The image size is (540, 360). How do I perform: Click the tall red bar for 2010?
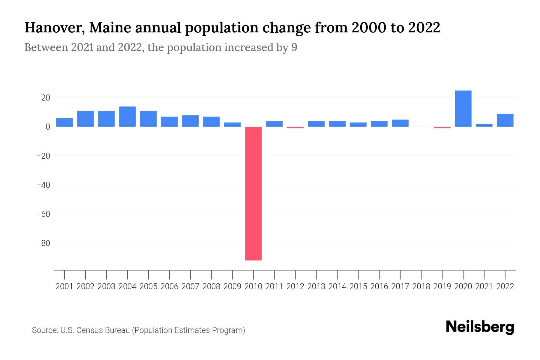click(x=253, y=193)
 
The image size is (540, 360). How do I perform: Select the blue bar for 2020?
click(x=463, y=109)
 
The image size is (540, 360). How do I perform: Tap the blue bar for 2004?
click(x=127, y=117)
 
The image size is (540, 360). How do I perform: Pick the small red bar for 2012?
click(x=295, y=127)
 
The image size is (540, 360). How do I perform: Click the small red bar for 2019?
click(x=442, y=127)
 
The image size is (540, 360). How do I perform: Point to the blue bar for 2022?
click(x=505, y=120)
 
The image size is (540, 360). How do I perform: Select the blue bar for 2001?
click(x=64, y=122)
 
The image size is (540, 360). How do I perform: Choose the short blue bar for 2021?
click(x=484, y=125)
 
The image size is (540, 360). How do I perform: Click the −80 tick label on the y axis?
click(x=43, y=243)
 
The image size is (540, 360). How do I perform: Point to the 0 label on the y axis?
click(x=48, y=127)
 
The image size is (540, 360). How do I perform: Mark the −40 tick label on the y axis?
click(x=43, y=185)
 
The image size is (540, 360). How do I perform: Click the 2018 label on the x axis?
click(x=421, y=286)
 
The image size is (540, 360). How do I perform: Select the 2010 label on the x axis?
click(x=253, y=286)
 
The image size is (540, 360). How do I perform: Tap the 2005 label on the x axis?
click(x=148, y=286)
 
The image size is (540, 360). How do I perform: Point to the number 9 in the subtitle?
click(x=294, y=47)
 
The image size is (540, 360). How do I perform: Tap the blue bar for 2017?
click(x=400, y=123)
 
